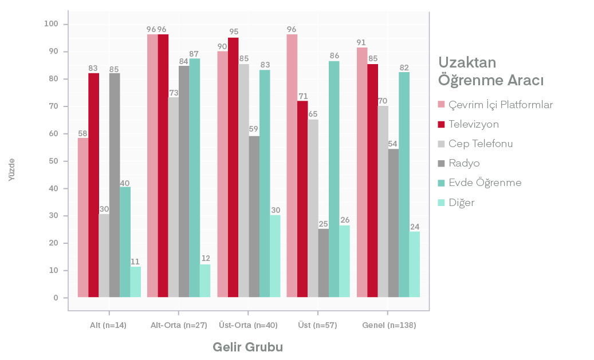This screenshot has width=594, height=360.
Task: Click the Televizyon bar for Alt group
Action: coord(93,185)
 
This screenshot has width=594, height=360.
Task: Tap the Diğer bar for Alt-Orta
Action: coord(205,281)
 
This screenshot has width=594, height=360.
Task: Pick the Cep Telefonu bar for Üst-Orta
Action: coord(243,180)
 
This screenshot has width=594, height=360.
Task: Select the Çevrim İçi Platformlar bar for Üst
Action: coord(292,166)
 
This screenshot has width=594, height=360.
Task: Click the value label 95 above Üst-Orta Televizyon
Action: coord(233,32)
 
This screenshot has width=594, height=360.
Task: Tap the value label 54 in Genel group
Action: coord(394,144)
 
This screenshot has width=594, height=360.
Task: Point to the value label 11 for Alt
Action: coord(135,262)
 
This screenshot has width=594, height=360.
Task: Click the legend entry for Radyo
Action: coord(464,163)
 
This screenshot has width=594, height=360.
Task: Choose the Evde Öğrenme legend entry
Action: coord(485,183)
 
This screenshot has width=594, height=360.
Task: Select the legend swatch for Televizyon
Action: coord(442,124)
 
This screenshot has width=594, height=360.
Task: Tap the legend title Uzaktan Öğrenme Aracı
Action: coord(490,71)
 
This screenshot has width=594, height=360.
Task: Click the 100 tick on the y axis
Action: coord(52,24)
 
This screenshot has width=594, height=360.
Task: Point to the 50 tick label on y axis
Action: coord(53,161)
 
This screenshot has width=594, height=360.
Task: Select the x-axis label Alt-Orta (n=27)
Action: coord(178,325)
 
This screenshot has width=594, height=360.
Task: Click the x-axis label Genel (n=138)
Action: coord(388,325)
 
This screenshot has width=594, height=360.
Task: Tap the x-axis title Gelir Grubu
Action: coord(247,347)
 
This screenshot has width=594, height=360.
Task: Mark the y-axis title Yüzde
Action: coord(12,170)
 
